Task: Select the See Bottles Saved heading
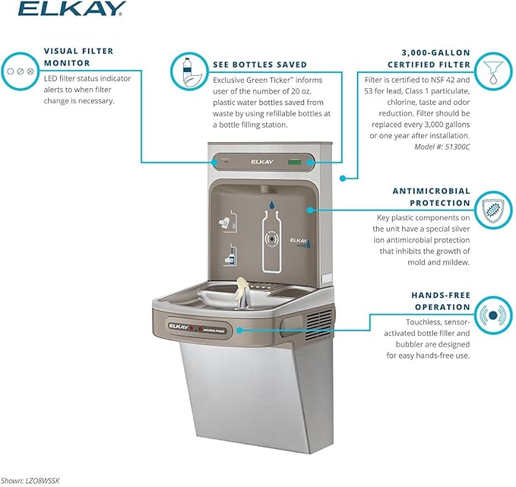261,64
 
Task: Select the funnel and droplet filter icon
495,69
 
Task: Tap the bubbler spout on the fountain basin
242,293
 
